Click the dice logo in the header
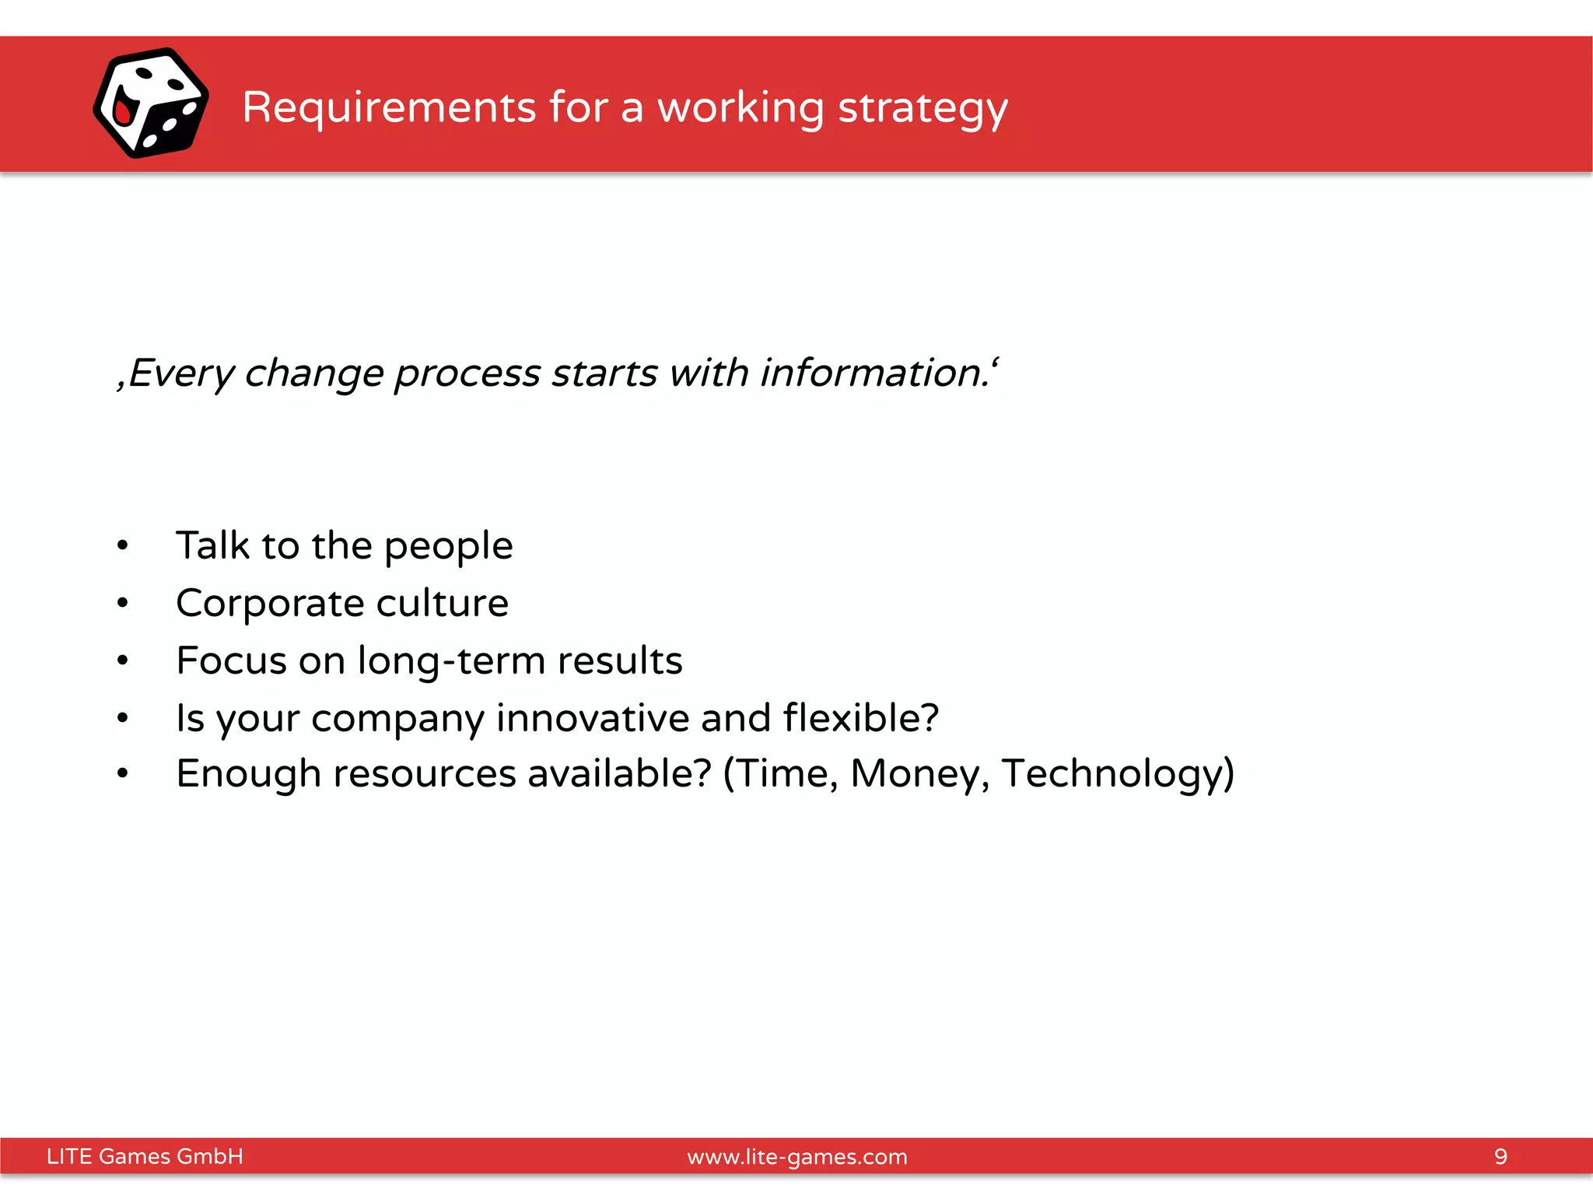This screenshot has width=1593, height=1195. [x=151, y=103]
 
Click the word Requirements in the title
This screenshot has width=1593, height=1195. [x=389, y=107]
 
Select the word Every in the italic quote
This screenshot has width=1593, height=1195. [x=180, y=373]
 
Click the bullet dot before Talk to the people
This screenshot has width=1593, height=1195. [x=122, y=545]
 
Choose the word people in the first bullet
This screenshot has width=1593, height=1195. [x=449, y=546]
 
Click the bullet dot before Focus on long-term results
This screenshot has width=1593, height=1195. [x=122, y=661]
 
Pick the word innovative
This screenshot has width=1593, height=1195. [x=592, y=717]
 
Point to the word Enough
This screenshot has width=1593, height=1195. [x=248, y=774]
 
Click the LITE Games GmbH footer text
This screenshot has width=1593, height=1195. [x=145, y=1156]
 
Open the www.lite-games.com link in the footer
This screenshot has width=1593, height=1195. [x=797, y=1157]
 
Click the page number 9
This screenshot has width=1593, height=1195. [x=1500, y=1156]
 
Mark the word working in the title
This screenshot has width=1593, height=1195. [x=740, y=108]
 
